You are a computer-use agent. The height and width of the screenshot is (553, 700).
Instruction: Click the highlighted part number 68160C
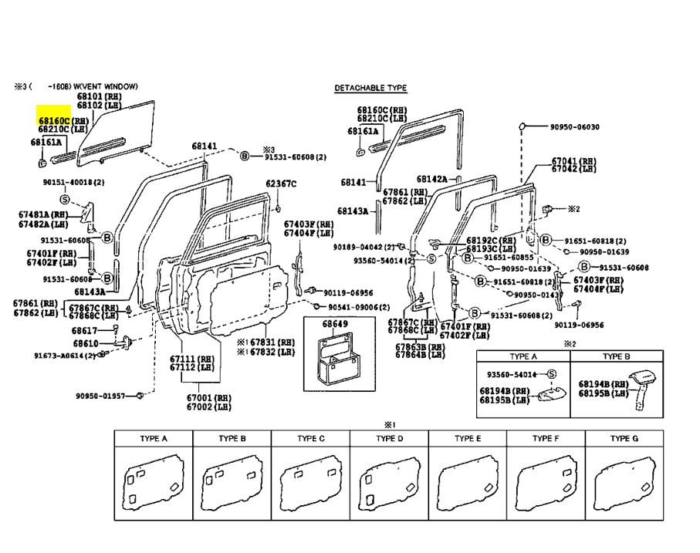coord(54,121)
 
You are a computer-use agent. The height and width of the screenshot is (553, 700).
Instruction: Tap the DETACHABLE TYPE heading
coord(370,88)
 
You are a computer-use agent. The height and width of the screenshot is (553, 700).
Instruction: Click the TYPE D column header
coord(389,438)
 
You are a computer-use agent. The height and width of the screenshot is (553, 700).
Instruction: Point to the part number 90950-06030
coord(575,126)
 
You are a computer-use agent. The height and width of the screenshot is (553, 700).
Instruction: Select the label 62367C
coord(281,184)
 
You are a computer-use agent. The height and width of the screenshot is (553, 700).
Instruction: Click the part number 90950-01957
coord(100,396)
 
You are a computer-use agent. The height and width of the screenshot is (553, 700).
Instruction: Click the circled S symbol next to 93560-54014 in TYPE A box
coord(551,374)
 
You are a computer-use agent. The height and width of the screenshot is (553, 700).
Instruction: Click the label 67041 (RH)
coord(573,161)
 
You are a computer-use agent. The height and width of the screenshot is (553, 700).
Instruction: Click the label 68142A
coord(432,179)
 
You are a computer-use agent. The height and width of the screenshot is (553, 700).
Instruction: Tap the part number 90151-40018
coord(73,182)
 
